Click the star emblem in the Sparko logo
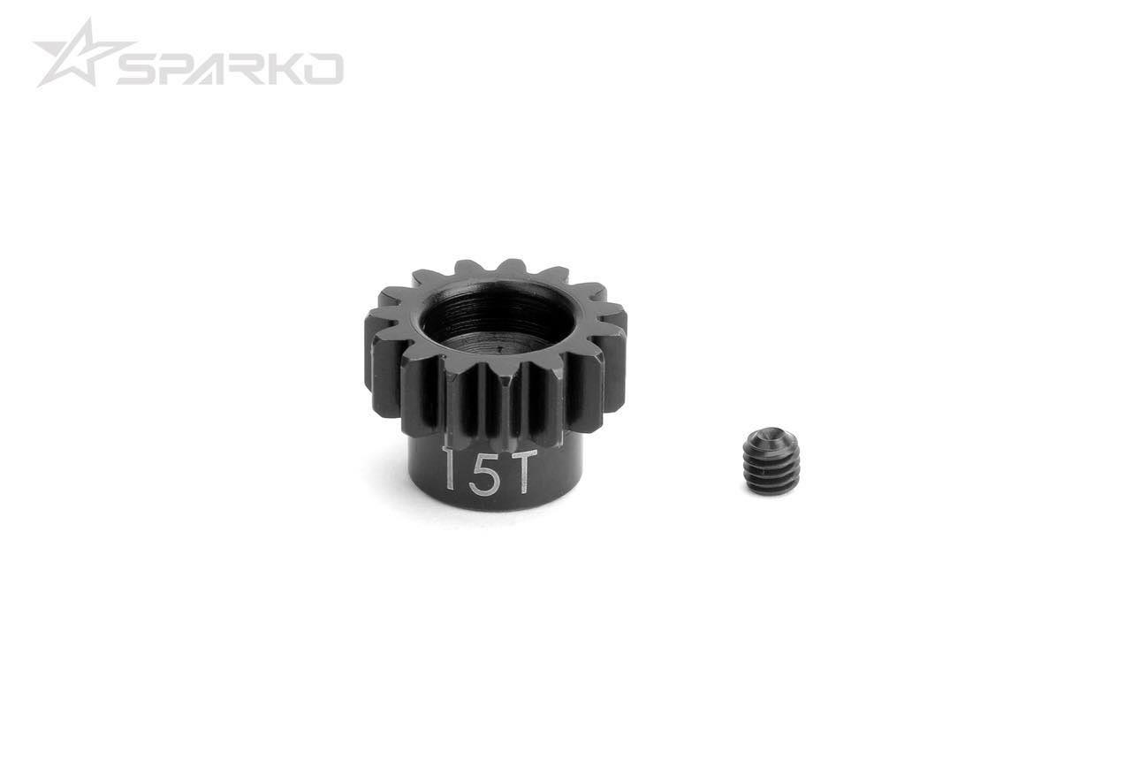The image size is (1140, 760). click(78, 55)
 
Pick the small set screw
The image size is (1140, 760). click(771, 460)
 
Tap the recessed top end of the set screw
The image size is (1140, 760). click(771, 438)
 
